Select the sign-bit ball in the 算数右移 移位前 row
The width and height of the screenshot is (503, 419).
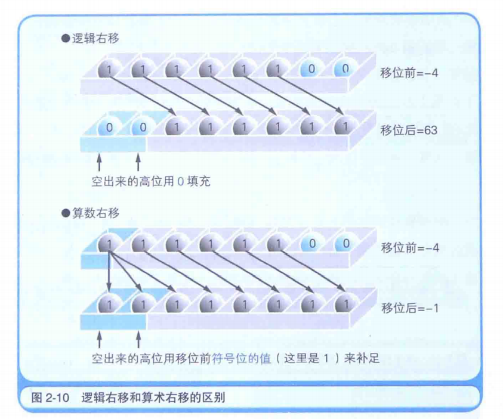click(x=109, y=243)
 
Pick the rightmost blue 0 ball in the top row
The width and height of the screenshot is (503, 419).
click(x=342, y=69)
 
